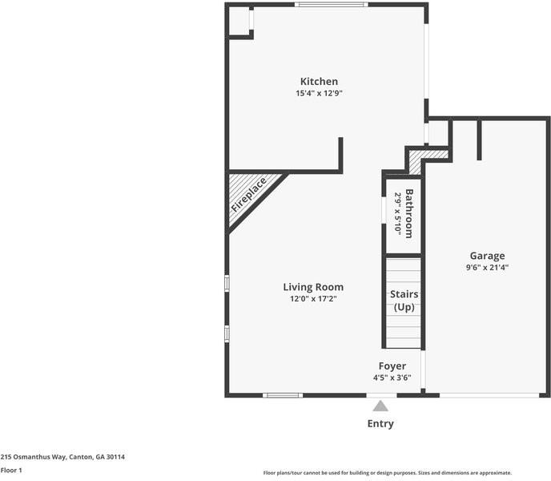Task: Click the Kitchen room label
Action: coord(319,81)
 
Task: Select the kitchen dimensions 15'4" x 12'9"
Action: coord(319,93)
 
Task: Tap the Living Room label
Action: coord(313,287)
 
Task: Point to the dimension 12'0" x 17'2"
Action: coord(313,299)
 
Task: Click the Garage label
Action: coord(487,256)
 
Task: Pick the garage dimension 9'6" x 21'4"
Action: coord(487,268)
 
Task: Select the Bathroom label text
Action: coord(409,213)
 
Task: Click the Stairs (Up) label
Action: coord(404,301)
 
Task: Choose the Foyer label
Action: coord(392,366)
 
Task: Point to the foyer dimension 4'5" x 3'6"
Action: coord(392,378)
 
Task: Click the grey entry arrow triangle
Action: coord(380,406)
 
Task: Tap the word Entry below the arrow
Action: coord(380,423)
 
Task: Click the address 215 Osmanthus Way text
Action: coord(62,456)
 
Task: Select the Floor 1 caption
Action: coord(11,470)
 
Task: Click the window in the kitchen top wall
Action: coord(331,6)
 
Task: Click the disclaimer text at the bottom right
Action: coord(387,473)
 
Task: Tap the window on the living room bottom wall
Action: coord(283,394)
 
